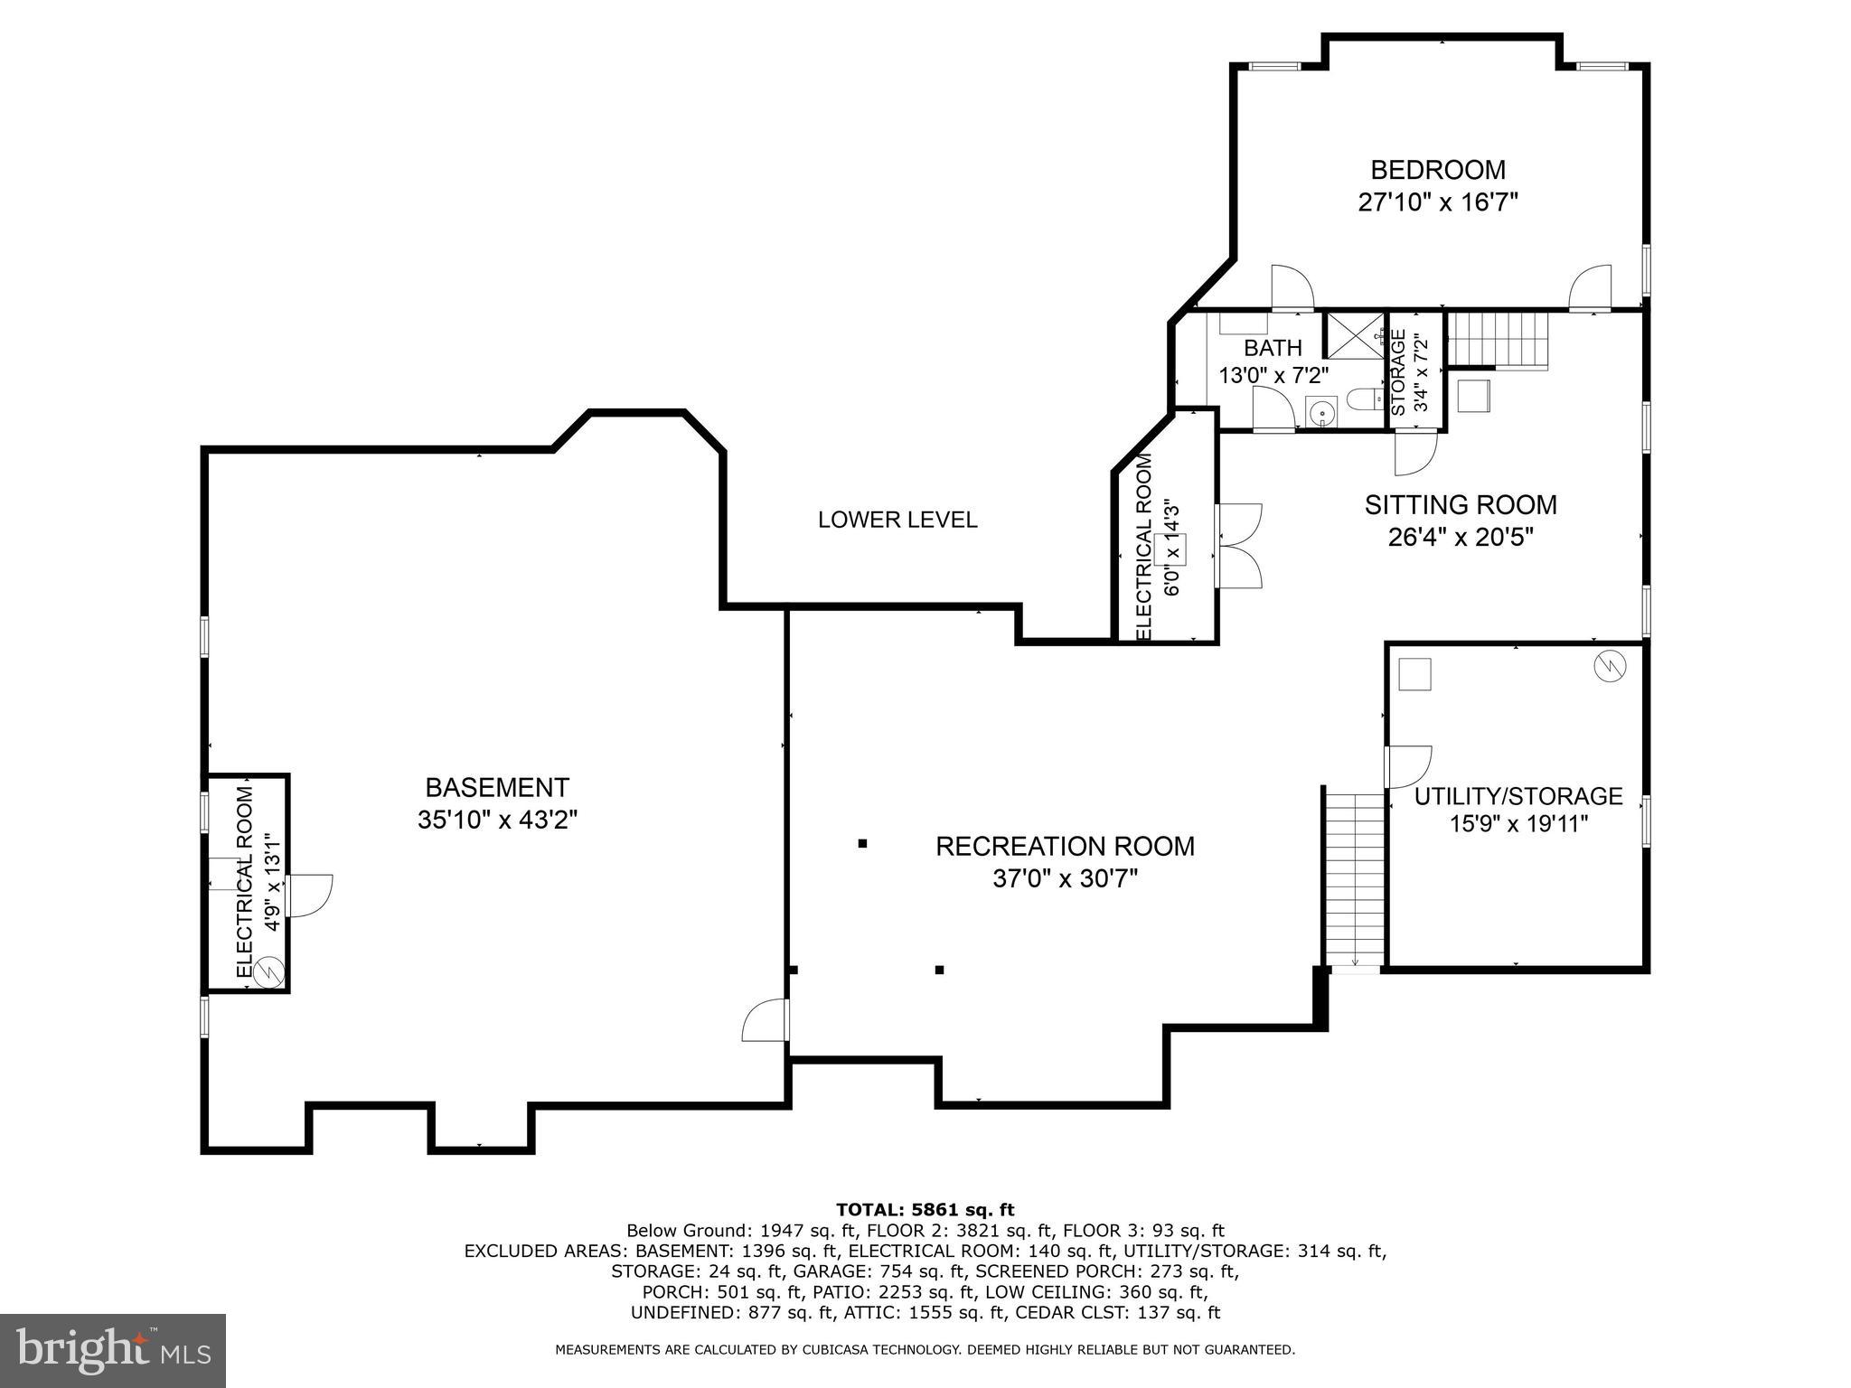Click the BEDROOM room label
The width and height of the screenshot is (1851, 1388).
1437,170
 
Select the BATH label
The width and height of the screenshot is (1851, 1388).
1273,348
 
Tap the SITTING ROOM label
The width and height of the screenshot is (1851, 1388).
1461,504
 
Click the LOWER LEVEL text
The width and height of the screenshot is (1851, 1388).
897,520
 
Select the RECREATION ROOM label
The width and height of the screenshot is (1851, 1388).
1065,846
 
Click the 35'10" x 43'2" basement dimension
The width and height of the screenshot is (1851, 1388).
497,820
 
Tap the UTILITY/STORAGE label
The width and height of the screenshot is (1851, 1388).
1518,796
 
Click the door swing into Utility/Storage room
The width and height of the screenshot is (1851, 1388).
1405,765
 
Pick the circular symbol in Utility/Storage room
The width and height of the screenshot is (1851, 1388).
1610,666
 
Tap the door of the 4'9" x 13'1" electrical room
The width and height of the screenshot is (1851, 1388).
309,896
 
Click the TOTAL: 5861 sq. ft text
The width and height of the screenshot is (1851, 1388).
925,1209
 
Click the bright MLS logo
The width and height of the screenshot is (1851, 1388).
113,1351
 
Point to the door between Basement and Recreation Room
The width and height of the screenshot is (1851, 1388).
766,1020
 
